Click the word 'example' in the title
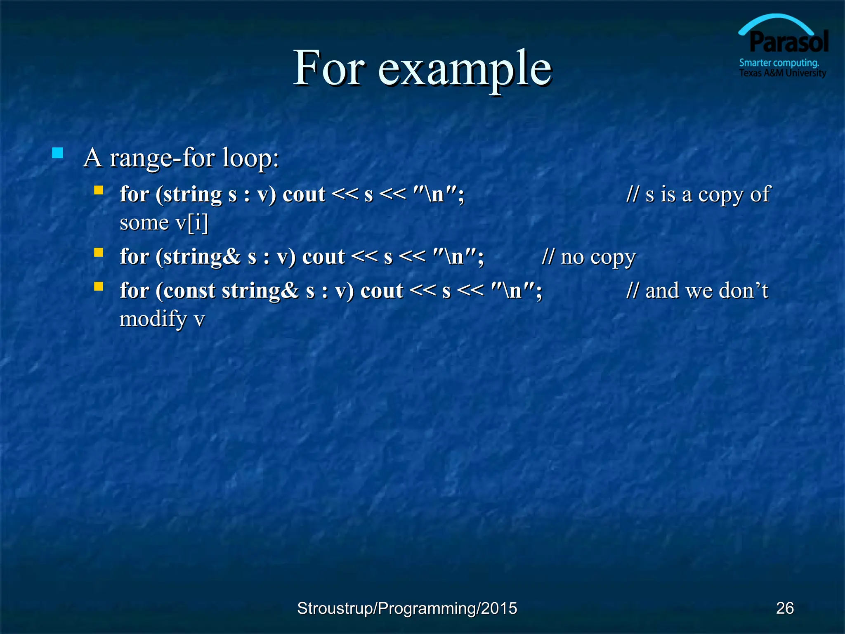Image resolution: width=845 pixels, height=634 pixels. point(465,69)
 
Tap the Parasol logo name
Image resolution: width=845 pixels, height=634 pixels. point(788,42)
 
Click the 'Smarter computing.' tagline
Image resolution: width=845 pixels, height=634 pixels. point(779,63)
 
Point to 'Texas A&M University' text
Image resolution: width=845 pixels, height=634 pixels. point(782,73)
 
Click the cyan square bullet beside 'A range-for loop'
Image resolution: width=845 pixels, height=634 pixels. point(58,154)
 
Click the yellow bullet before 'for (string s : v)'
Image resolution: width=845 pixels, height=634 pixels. point(99,190)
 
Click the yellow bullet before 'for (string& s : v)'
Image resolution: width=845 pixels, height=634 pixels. point(99,252)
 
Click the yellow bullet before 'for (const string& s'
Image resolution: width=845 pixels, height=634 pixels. point(99,286)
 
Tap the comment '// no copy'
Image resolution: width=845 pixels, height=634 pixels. point(589,257)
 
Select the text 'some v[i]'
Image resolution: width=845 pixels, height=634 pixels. point(164,223)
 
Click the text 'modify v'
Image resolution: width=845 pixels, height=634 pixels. point(162,319)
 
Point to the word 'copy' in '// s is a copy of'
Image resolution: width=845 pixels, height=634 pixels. point(720,195)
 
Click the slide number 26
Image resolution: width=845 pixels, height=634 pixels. point(785,608)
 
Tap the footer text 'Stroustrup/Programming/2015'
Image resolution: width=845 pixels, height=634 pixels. point(407,608)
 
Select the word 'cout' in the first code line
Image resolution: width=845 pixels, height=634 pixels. point(304,194)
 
